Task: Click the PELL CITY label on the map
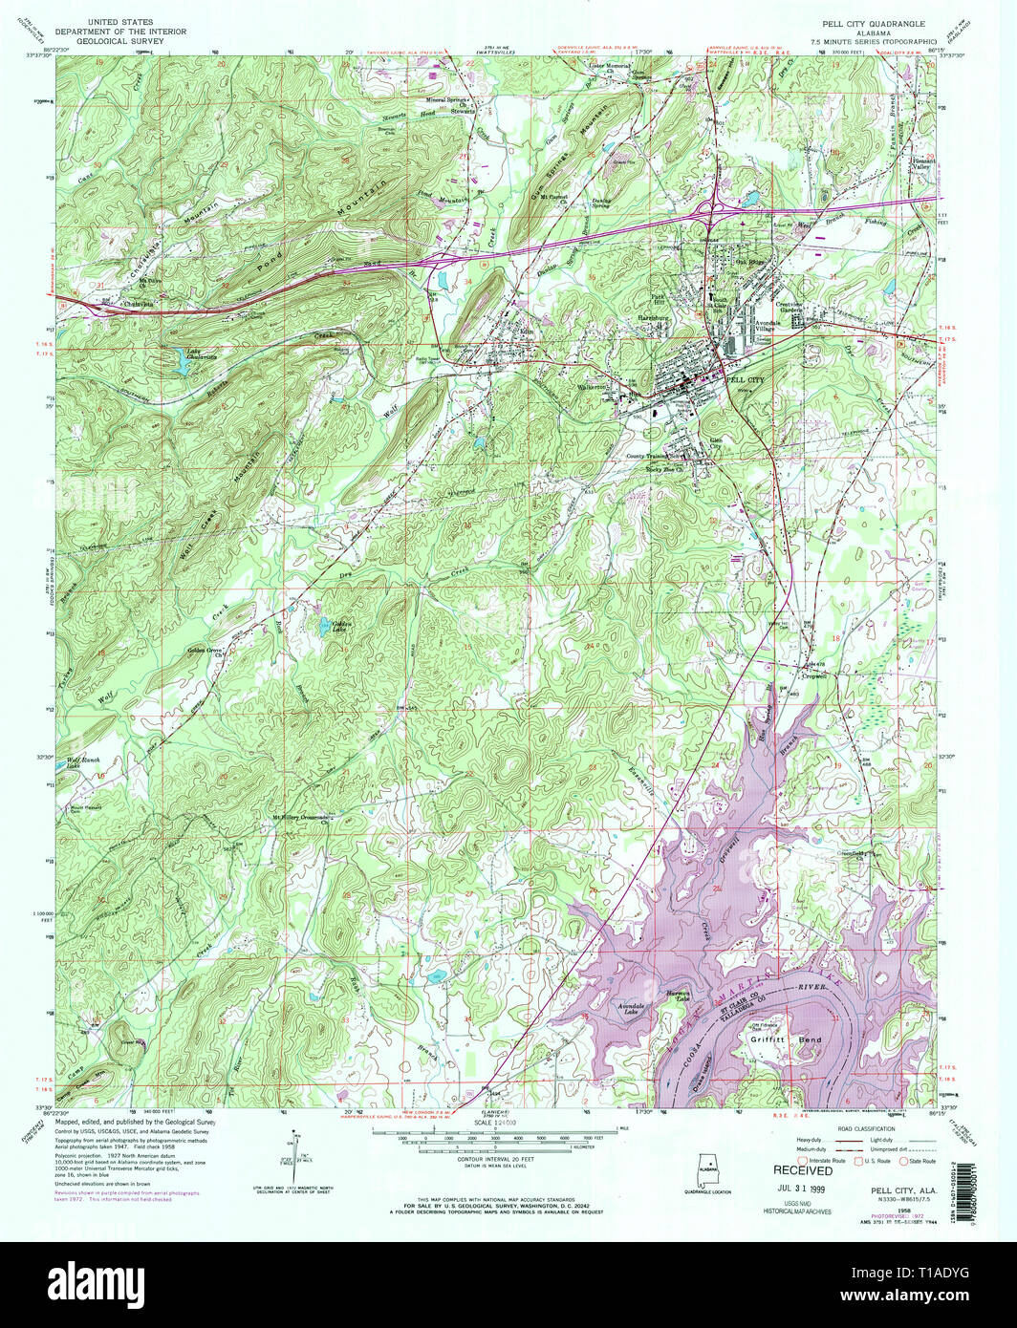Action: click(746, 379)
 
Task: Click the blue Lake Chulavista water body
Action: click(181, 361)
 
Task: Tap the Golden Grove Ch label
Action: click(205, 652)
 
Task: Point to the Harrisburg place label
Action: click(659, 317)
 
